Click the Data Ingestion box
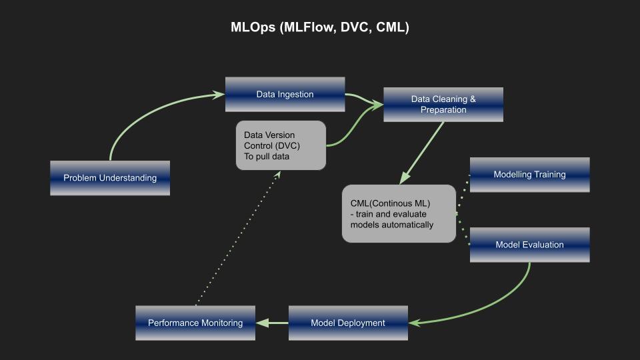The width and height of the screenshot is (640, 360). (285, 95)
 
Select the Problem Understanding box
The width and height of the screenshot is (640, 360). (110, 178)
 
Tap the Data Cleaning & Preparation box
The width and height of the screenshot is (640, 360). (443, 105)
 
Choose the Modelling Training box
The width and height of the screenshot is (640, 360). (529, 175)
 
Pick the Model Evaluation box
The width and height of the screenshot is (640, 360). (529, 245)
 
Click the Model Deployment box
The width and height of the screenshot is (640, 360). (348, 323)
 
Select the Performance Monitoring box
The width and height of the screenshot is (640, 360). (195, 323)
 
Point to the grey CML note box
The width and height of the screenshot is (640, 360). (399, 213)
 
